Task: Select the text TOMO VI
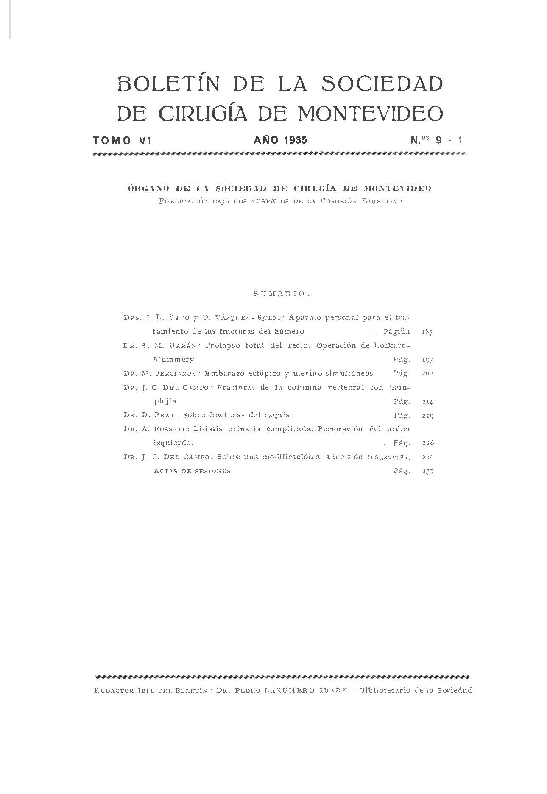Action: coord(122,140)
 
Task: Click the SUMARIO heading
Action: coord(282,293)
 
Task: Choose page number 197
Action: coord(427,360)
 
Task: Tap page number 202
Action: coord(427,374)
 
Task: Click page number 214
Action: coord(427,402)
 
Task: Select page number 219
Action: coord(427,416)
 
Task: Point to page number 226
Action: coord(427,443)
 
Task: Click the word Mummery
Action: coord(174,359)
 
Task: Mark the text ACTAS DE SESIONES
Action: coord(193,471)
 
